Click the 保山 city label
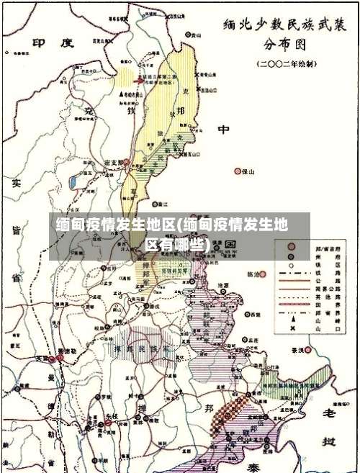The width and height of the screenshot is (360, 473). [249, 171]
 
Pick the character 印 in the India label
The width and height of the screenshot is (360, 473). [40, 42]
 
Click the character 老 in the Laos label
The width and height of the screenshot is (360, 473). [329, 413]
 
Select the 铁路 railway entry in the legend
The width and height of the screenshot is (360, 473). [306, 273]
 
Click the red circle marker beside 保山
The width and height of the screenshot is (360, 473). [238, 171]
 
